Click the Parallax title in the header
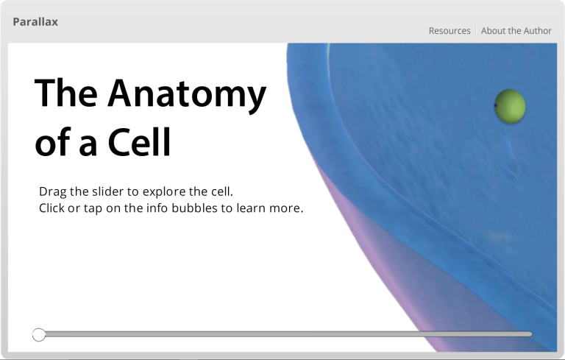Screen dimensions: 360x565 pyautogui.click(x=35, y=22)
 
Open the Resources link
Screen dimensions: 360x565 pyautogui.click(x=449, y=31)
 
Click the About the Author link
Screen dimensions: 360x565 pyautogui.click(x=516, y=31)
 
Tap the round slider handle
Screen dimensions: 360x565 pyautogui.click(x=39, y=335)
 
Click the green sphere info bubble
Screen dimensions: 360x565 pyautogui.click(x=511, y=105)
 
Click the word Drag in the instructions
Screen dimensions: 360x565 pyautogui.click(x=53, y=192)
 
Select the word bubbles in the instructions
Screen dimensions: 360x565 pyautogui.click(x=192, y=208)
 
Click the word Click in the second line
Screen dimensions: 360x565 pyautogui.click(x=53, y=208)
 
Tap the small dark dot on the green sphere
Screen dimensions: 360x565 pyautogui.click(x=496, y=105)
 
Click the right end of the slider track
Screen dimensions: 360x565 pyautogui.click(x=530, y=334)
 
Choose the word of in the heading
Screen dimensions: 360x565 pyautogui.click(x=52, y=143)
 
